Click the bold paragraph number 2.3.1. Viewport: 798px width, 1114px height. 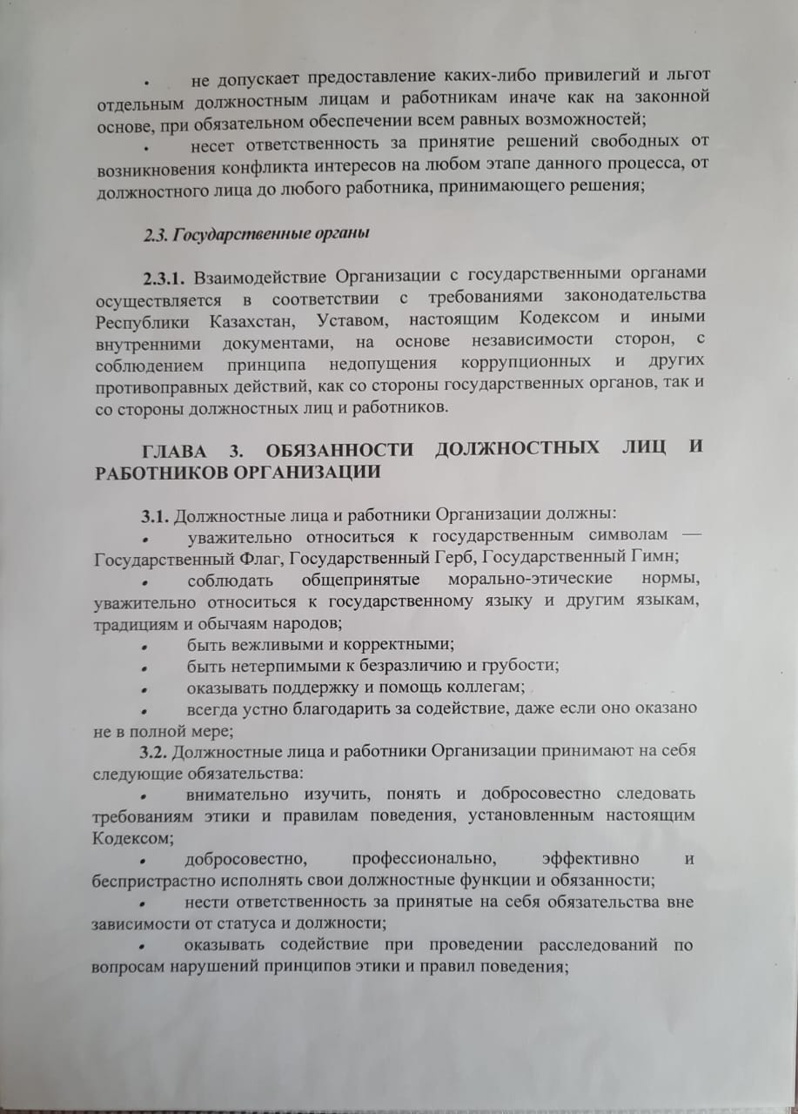tap(164, 279)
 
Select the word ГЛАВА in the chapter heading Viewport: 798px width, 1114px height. tap(177, 451)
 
